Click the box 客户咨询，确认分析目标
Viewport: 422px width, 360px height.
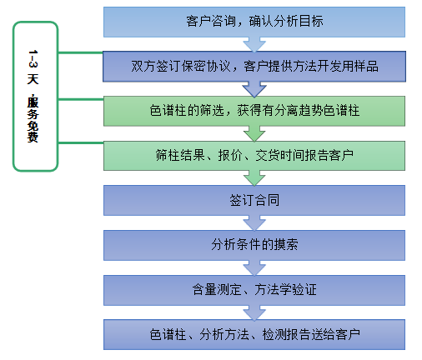click(254, 22)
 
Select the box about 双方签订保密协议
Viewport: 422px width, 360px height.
click(254, 67)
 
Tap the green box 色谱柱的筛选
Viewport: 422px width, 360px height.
click(254, 111)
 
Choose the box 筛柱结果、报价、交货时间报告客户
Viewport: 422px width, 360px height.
click(254, 156)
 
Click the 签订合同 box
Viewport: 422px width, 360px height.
click(254, 201)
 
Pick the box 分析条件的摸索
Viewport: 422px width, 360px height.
click(254, 245)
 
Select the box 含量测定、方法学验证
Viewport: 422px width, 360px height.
click(254, 290)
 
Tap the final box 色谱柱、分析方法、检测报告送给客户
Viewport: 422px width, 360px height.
click(254, 335)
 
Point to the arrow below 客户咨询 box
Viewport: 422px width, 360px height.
click(249, 44)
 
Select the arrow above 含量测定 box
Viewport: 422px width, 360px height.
click(249, 268)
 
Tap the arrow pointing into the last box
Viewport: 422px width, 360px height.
click(249, 313)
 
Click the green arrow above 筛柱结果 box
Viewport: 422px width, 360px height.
click(249, 133)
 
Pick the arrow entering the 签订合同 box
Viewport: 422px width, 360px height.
click(249, 178)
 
